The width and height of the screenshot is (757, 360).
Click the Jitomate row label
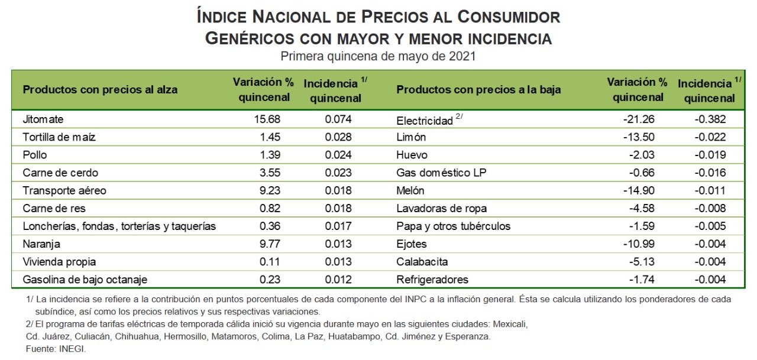43,119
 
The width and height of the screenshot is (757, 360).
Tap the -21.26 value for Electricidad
639,119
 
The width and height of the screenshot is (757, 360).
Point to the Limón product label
411,137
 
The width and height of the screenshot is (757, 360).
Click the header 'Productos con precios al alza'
100,90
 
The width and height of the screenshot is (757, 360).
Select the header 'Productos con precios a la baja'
478,90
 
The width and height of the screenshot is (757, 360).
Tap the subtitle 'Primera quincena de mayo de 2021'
378,57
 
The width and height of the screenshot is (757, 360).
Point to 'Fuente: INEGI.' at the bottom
56,349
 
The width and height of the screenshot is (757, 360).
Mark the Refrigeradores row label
432,280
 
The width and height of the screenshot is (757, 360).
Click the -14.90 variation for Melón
639,190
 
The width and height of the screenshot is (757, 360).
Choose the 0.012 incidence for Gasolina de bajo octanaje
338,280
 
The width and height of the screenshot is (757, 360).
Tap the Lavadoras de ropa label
441,208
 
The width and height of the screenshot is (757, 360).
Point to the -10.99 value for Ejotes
639,244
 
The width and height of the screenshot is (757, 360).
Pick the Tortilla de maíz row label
59,137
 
